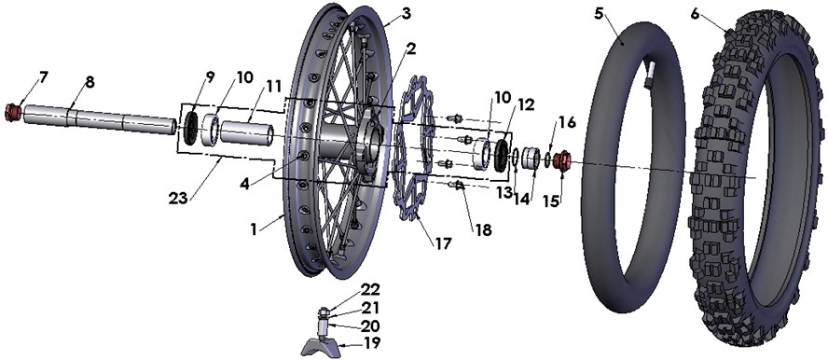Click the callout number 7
click(x=43, y=77)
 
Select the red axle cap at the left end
click(x=13, y=113)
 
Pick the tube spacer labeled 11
click(x=247, y=132)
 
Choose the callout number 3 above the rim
click(x=406, y=14)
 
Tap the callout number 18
click(x=483, y=229)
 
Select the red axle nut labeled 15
click(x=563, y=159)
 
